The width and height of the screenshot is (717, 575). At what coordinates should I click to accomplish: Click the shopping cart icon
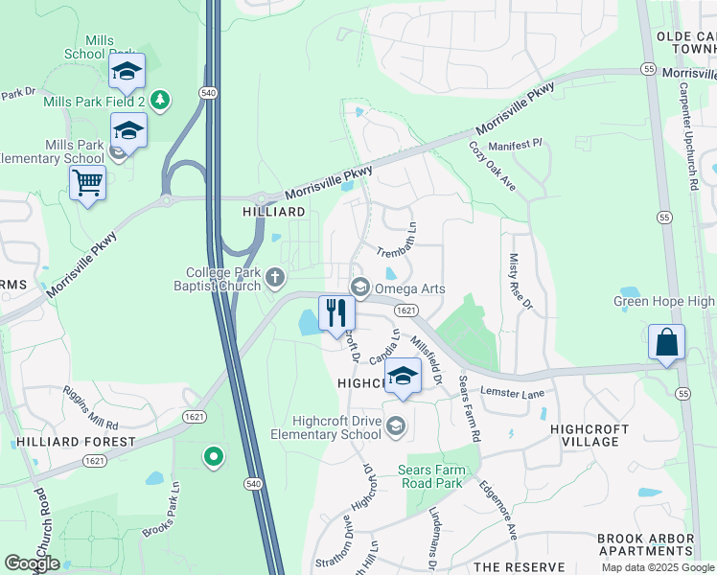87,181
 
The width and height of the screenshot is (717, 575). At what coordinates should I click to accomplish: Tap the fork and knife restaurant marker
335,312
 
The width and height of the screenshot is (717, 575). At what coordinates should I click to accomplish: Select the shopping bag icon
666,342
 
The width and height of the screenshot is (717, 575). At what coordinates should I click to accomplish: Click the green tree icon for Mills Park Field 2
160,99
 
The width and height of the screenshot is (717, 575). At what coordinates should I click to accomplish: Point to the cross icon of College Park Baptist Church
275,279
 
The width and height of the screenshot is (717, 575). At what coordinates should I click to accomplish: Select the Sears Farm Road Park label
444,476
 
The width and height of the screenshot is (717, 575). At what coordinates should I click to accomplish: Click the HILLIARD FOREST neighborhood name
76,442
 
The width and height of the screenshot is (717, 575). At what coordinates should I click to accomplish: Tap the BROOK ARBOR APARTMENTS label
645,545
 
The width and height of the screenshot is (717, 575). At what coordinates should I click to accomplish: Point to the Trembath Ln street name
399,238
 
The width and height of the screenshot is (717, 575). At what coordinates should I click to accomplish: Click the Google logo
32,563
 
